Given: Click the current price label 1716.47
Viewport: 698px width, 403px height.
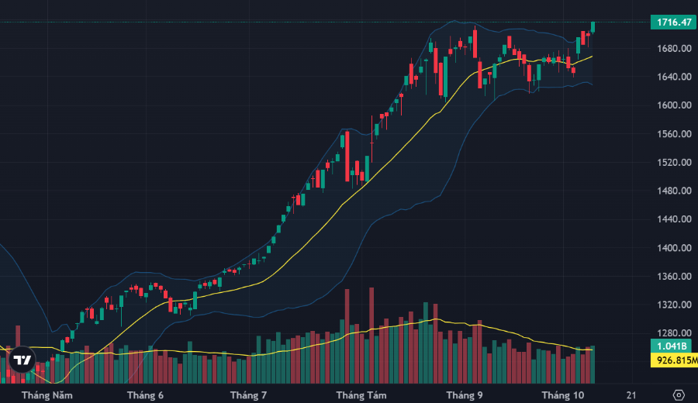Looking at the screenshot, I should [x=673, y=22].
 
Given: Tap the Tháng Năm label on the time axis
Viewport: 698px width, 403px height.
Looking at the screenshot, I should [x=47, y=395].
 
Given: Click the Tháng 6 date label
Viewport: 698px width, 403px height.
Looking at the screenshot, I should [x=145, y=395].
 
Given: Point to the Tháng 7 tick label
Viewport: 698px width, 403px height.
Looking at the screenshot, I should [x=248, y=395].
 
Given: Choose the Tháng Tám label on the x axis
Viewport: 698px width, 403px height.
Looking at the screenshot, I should [x=361, y=395].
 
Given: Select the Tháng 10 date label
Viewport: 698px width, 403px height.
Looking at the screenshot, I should [x=562, y=395].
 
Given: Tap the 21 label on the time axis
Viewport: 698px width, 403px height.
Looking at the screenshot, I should [x=631, y=395].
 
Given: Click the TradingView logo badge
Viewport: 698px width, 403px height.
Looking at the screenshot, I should [x=22, y=360].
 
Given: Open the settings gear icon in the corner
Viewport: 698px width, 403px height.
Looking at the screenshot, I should [x=679, y=394].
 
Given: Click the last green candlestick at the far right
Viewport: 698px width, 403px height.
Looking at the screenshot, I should [x=593, y=27].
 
